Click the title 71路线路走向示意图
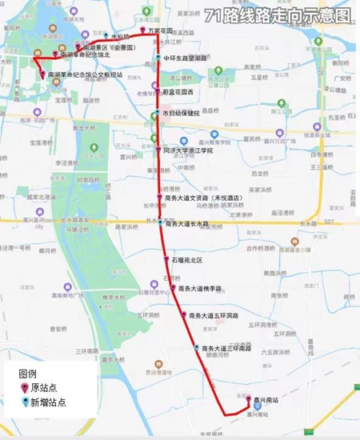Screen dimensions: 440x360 (x=277, y=14)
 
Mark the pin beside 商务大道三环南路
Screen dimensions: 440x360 (x=197, y=347)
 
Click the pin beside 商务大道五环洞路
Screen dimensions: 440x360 (x=185, y=314)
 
